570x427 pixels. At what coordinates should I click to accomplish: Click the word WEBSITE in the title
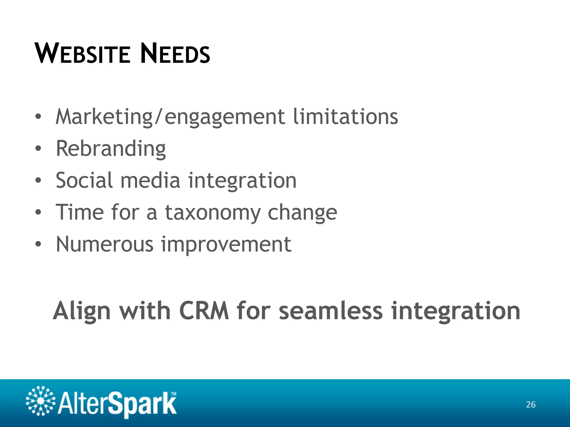pos(82,53)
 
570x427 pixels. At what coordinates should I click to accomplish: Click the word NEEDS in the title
pos(175,53)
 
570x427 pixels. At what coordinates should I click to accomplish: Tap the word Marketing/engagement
pos(170,117)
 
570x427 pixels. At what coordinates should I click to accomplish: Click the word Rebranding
pos(111,148)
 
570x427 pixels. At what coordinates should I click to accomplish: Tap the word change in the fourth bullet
pos(302,212)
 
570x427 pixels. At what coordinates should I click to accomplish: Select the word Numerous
pos(105,244)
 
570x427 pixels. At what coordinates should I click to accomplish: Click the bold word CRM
pos(204,311)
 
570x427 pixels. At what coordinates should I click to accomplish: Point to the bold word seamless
pos(331,311)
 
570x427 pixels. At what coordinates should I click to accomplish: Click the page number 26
pos(531,404)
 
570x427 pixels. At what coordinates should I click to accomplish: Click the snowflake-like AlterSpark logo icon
pos(41,401)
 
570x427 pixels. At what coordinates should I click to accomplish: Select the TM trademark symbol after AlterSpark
pos(173,394)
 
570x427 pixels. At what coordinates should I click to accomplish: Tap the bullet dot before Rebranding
pos(38,148)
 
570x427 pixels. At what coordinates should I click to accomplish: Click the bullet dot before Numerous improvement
pos(38,244)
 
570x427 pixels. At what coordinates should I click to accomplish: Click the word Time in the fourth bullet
pos(80,212)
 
